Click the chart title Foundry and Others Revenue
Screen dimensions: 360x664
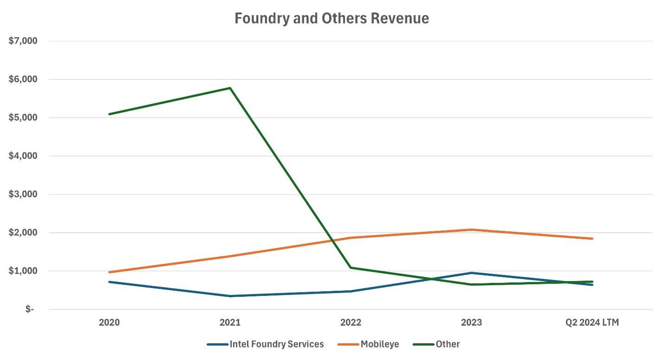point(332,19)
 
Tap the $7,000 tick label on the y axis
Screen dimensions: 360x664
point(23,41)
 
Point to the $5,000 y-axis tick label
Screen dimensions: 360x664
point(23,118)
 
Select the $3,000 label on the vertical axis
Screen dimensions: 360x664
point(23,194)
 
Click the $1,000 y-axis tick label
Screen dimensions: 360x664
point(23,271)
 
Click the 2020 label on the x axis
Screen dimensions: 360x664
point(109,322)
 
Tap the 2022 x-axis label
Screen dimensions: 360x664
point(351,322)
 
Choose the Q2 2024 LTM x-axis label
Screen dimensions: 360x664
point(592,322)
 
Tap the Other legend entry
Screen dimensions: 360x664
point(447,344)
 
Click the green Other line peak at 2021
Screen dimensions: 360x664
point(230,88)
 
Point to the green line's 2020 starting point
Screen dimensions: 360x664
point(109,114)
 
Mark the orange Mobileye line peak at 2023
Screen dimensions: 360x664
point(471,229)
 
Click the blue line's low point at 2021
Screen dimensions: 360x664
point(230,296)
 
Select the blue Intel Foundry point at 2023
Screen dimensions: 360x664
point(471,273)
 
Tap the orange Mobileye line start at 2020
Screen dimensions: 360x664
point(109,272)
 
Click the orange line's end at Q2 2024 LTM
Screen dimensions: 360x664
point(592,239)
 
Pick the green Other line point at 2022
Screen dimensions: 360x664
point(351,268)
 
